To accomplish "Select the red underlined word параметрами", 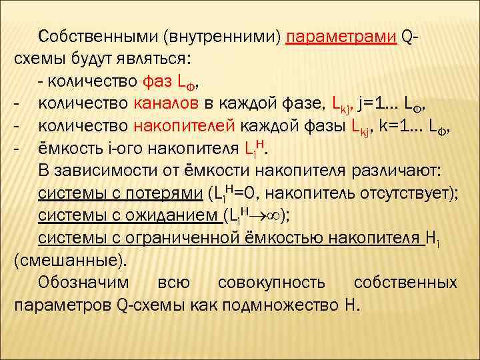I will coord(341,35).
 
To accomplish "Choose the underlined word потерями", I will coord(169,194).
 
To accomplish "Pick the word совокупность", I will coord(273,283).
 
